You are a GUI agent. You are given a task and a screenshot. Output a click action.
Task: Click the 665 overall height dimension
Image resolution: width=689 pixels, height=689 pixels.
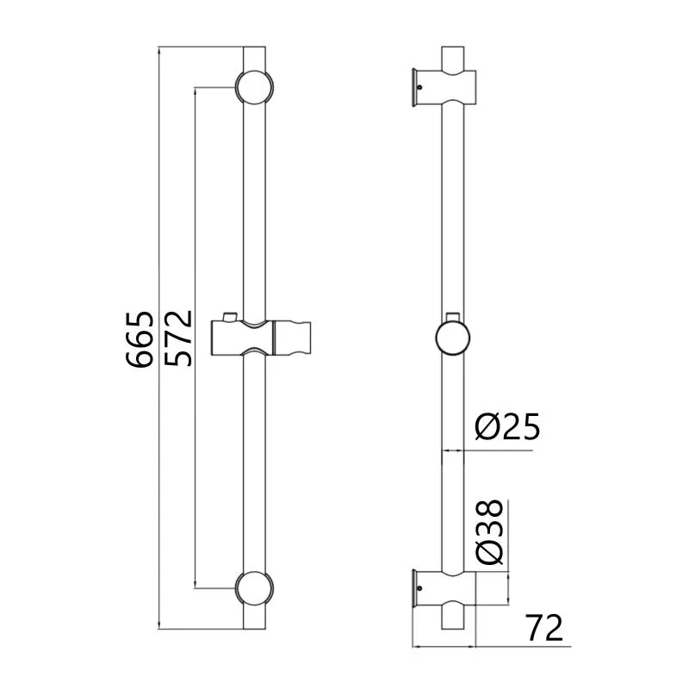140,338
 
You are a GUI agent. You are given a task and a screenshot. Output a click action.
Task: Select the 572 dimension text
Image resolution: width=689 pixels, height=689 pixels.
178,338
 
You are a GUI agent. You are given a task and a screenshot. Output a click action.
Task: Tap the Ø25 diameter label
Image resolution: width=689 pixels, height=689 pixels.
507,426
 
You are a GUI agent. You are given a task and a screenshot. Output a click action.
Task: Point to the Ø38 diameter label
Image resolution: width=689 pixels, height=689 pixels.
488,532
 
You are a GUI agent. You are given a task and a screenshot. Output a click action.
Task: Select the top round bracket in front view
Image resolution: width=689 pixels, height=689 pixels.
254,87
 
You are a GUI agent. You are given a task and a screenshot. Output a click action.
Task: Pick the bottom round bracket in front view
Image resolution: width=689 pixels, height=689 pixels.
254,588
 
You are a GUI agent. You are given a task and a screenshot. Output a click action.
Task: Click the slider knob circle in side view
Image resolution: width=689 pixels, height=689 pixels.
453,338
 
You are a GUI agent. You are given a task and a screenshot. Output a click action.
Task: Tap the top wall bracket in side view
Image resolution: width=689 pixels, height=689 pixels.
444,87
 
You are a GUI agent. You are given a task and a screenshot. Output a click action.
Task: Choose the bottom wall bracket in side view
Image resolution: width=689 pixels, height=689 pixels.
444,588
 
